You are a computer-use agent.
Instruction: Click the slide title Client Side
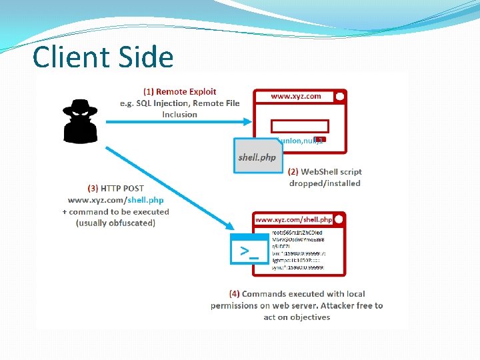click(x=103, y=57)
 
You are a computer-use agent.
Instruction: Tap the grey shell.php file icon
click(x=257, y=156)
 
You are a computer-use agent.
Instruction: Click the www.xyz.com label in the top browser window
click(x=295, y=97)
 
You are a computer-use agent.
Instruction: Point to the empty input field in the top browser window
click(x=299, y=126)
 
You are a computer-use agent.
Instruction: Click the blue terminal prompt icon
click(x=249, y=249)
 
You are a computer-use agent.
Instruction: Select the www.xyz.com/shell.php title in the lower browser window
click(x=293, y=219)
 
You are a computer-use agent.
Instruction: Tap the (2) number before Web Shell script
click(x=295, y=171)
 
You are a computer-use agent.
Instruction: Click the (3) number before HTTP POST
click(x=93, y=188)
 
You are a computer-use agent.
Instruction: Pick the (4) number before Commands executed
click(x=234, y=294)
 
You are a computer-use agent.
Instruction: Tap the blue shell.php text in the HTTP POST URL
click(x=146, y=200)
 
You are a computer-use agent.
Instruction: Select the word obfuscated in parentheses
click(x=129, y=223)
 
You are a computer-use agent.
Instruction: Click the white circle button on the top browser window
click(x=339, y=97)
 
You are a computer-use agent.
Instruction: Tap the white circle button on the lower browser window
click(x=339, y=219)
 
